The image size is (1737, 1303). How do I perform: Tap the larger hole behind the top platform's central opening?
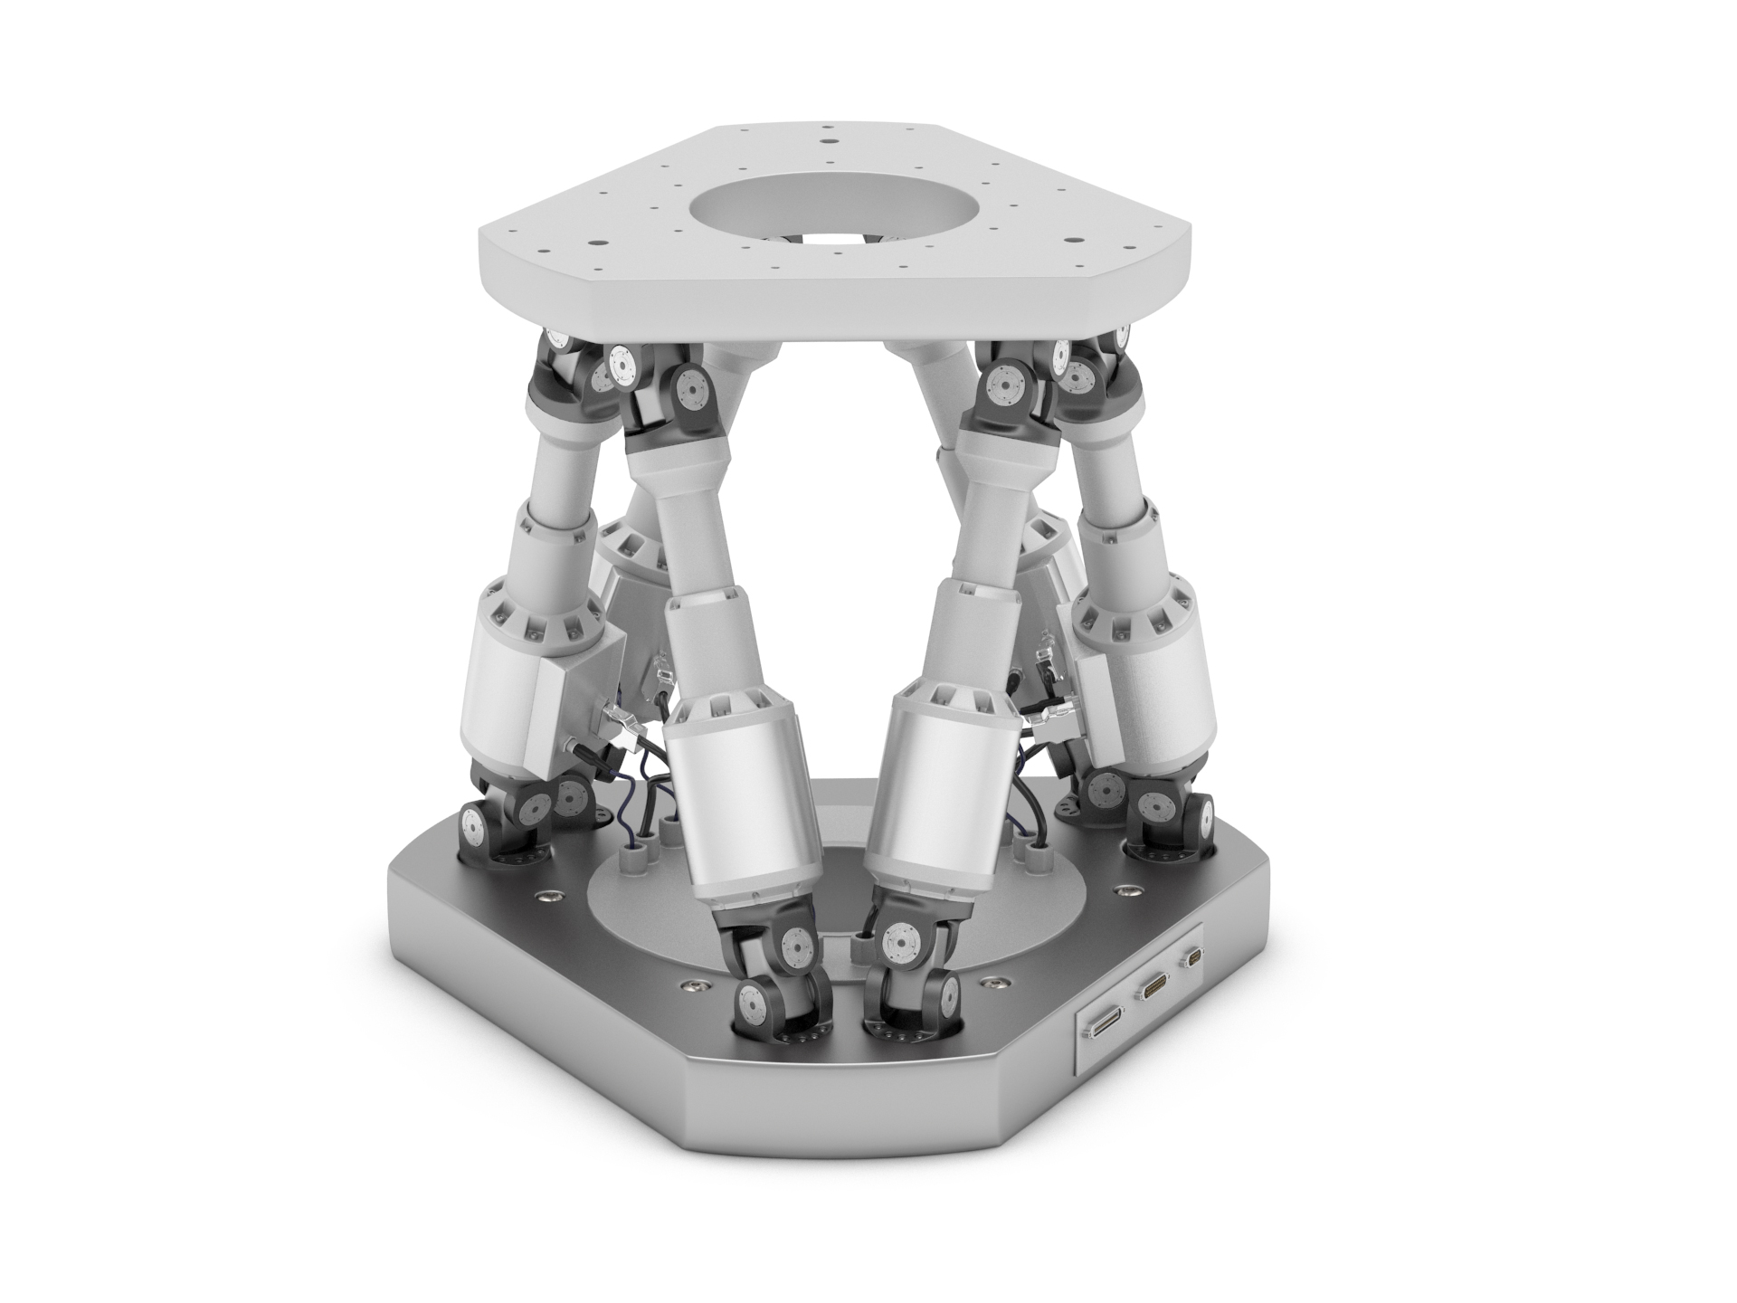pos(828,141)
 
